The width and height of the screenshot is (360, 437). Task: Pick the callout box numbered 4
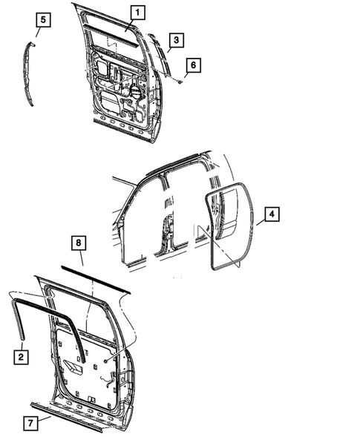pos(272,215)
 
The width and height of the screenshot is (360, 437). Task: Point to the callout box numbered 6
pos(192,65)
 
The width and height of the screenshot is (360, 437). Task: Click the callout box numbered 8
pos(79,243)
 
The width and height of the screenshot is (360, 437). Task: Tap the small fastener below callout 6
pos(180,82)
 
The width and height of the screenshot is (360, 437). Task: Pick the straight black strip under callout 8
pos(96,280)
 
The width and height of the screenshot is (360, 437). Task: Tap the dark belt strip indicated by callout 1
pos(111,38)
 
